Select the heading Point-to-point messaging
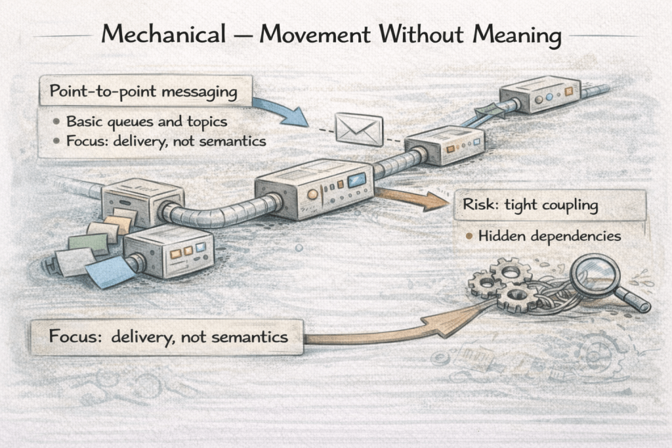143,92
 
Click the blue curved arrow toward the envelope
282,110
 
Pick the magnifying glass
598,279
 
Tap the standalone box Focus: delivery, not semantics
168,338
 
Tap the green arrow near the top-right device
490,109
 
